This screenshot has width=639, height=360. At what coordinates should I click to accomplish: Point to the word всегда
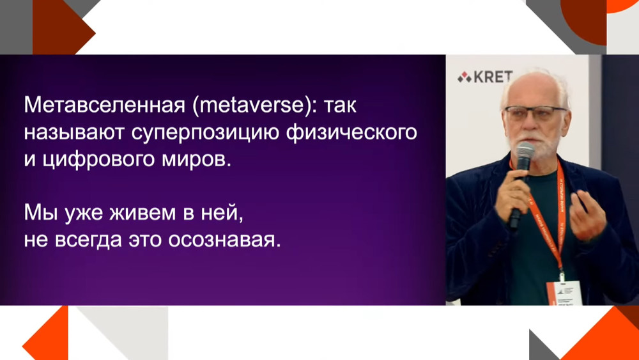[x=85, y=240]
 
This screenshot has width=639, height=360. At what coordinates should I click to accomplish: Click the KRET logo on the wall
[x=485, y=77]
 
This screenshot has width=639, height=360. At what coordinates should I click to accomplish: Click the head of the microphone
[x=525, y=153]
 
